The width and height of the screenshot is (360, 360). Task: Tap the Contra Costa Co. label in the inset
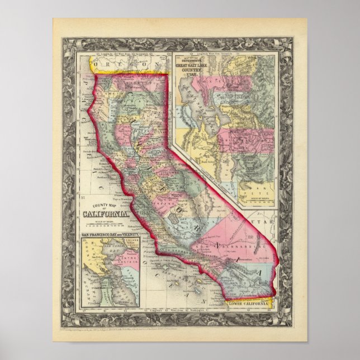click(120, 260)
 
